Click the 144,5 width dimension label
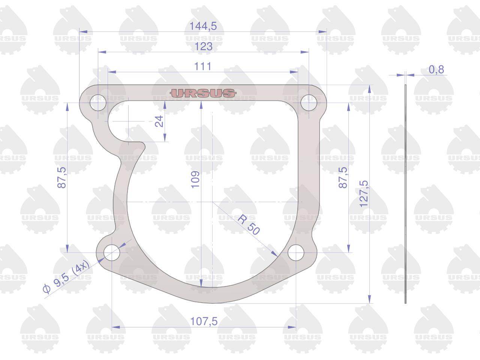pos(203,26)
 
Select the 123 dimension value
pos(204,46)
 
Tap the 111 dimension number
pos(203,66)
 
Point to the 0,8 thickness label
pos(436,69)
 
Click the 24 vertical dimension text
pos(159,121)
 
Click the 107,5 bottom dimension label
pos(204,321)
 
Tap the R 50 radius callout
pos(248,224)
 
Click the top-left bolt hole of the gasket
pos(98,103)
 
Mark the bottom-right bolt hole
pos(296,252)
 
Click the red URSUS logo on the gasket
pos(203,93)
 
